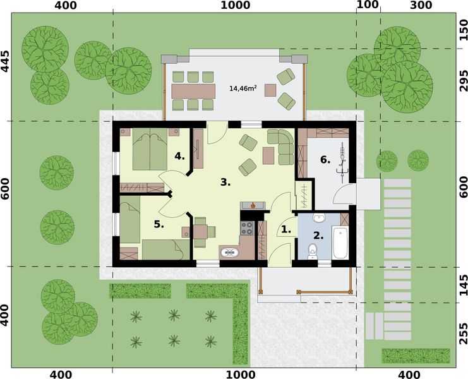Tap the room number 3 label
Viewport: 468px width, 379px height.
(224, 183)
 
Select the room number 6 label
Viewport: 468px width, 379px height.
(325, 160)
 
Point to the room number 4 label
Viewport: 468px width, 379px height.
(179, 155)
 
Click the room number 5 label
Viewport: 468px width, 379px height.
(159, 224)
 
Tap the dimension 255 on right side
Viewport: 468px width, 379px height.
(462, 331)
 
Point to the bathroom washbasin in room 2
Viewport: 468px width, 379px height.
(318, 219)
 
